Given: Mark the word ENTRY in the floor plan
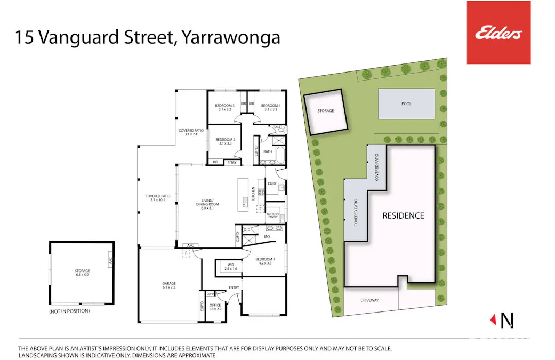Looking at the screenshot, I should pyautogui.click(x=234, y=288).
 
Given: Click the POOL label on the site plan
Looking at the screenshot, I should pyautogui.click(x=406, y=104).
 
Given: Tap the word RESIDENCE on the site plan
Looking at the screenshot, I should pyautogui.click(x=404, y=216).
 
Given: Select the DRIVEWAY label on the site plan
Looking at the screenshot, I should pyautogui.click(x=369, y=300).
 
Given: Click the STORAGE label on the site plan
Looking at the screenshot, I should pyautogui.click(x=325, y=111).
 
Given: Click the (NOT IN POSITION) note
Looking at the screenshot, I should pyautogui.click(x=69, y=311).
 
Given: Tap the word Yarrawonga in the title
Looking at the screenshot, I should pyautogui.click(x=231, y=38).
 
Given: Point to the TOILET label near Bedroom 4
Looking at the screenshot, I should pyautogui.click(x=277, y=127).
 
